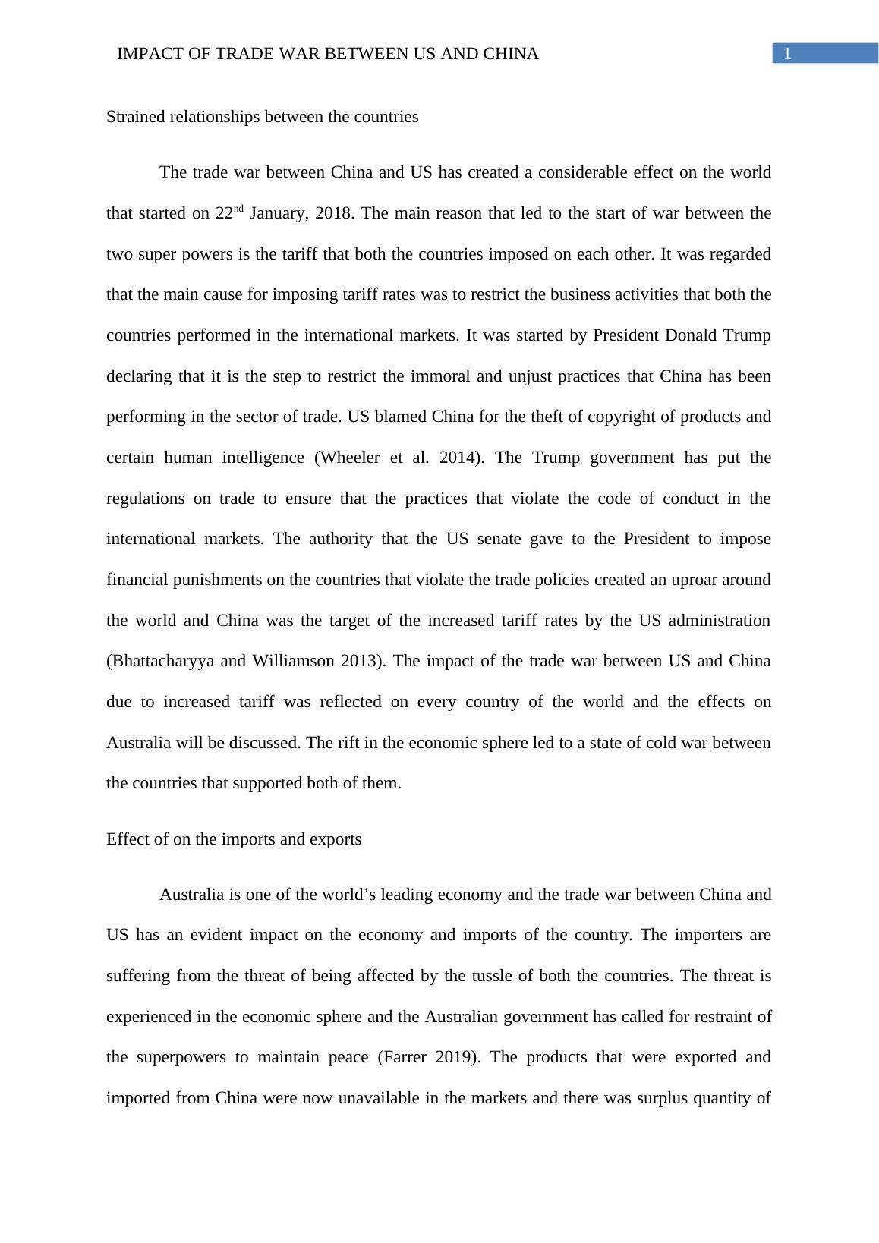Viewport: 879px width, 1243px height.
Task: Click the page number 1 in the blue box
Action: (788, 54)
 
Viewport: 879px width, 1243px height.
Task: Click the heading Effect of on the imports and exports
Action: (234, 839)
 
